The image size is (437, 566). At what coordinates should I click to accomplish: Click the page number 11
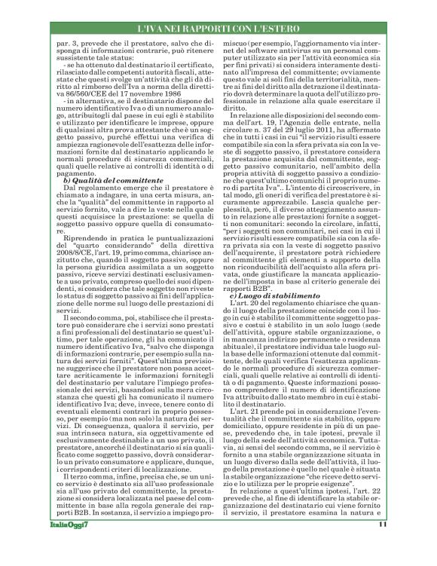(x=404, y=546)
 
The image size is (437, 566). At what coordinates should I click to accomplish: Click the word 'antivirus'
(x=292, y=49)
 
